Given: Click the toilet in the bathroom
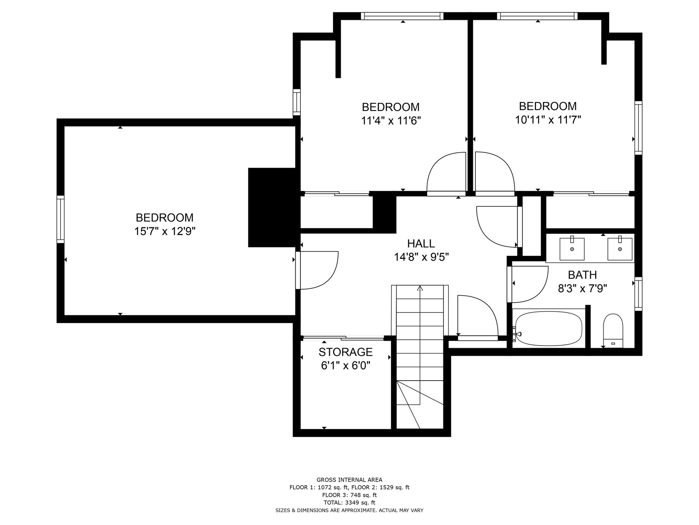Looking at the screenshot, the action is (613, 331).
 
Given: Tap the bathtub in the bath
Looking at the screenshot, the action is (549, 328).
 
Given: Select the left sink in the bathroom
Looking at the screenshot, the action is (572, 249).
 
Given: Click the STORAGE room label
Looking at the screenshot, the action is (345, 352).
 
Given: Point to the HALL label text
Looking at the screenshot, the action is (421, 244).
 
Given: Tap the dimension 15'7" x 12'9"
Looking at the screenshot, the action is (165, 231).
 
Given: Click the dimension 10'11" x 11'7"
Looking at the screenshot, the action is (548, 120).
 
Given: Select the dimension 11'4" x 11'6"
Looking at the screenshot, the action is (391, 121).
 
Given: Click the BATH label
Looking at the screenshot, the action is (582, 275).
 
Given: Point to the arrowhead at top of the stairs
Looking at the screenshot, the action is (420, 288).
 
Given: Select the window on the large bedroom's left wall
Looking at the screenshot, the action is (60, 219).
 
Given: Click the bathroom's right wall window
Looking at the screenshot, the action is (638, 294).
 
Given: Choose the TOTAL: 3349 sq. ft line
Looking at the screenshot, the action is (349, 503).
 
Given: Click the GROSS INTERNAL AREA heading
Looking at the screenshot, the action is (349, 480).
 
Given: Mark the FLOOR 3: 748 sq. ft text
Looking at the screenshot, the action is (349, 495).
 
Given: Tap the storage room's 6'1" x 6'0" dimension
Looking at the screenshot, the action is (345, 365).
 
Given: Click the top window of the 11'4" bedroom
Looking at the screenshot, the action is (402, 16).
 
